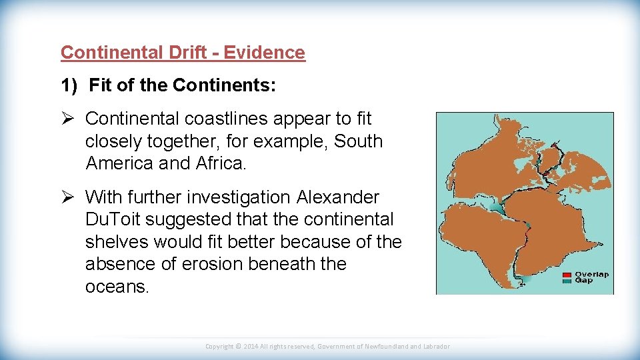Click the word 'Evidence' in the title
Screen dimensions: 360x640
(264, 53)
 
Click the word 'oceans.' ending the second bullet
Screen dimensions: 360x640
(117, 287)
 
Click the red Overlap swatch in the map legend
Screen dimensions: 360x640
(567, 275)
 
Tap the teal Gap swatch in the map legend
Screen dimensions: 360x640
(567, 281)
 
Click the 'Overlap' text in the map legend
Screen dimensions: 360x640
(591, 275)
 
